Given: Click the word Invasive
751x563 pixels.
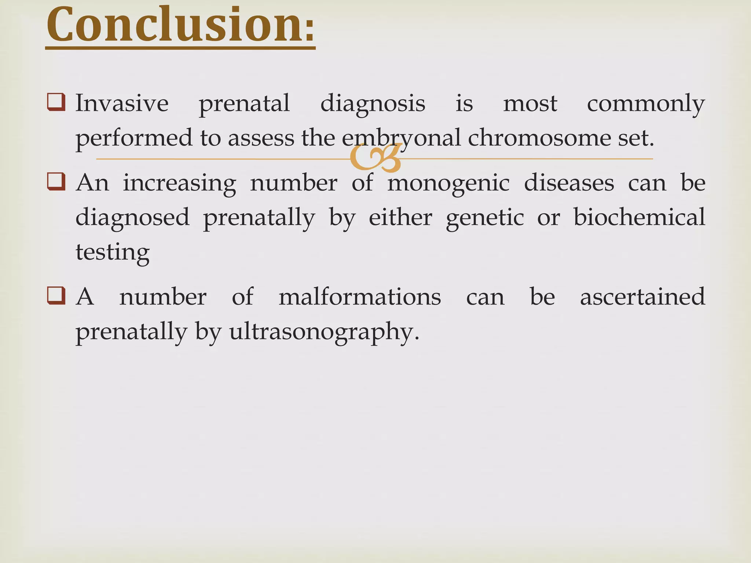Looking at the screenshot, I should [x=122, y=103].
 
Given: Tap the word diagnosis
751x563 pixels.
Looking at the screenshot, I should [x=373, y=104].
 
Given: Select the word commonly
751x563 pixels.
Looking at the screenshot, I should [x=645, y=104].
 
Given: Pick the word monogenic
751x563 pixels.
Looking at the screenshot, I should [x=448, y=183].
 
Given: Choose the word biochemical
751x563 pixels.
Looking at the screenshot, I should [x=639, y=217].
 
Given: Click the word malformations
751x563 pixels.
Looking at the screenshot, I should [x=359, y=297].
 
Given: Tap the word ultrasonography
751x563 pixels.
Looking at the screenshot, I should [x=324, y=332].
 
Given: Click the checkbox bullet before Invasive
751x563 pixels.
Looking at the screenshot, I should [x=56, y=102].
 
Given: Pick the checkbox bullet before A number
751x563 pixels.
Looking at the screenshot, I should [x=56, y=296].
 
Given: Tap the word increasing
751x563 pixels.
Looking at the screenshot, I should [x=179, y=183].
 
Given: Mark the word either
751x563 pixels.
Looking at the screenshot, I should [x=400, y=218].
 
